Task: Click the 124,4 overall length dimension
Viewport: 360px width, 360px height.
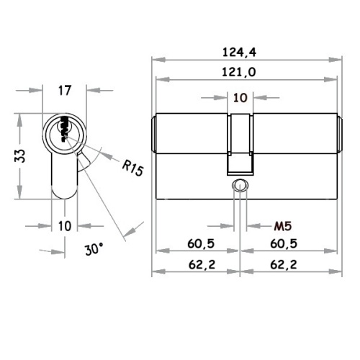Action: tap(239, 53)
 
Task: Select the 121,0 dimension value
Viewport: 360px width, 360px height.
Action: tap(239, 72)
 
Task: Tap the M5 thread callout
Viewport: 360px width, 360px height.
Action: tap(283, 226)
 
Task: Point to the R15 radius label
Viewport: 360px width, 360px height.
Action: tap(132, 168)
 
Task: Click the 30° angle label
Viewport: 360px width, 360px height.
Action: tap(94, 248)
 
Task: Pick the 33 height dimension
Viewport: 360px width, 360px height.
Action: tap(20, 156)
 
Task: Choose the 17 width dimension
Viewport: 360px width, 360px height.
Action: tap(65, 91)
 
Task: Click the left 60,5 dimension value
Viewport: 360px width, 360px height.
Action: tap(201, 243)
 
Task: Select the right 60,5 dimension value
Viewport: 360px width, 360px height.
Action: tap(284, 243)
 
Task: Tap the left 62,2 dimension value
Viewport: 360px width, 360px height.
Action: tap(202, 265)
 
